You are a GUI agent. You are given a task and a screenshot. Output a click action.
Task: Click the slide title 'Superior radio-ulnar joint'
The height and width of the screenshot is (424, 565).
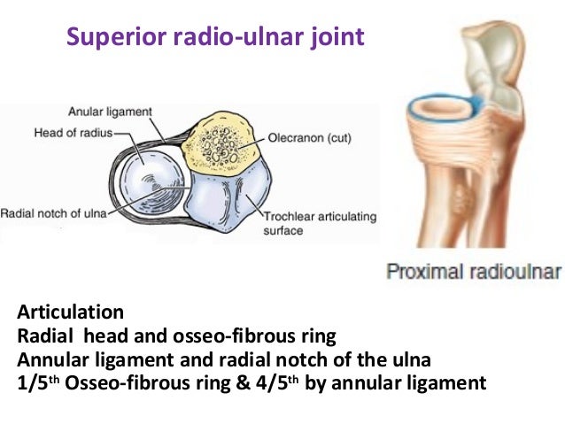[x=215, y=38]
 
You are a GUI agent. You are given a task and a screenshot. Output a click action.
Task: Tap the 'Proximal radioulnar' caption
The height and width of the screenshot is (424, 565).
[x=473, y=271]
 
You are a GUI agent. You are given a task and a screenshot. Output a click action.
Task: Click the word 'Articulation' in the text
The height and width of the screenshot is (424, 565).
[x=70, y=312]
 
